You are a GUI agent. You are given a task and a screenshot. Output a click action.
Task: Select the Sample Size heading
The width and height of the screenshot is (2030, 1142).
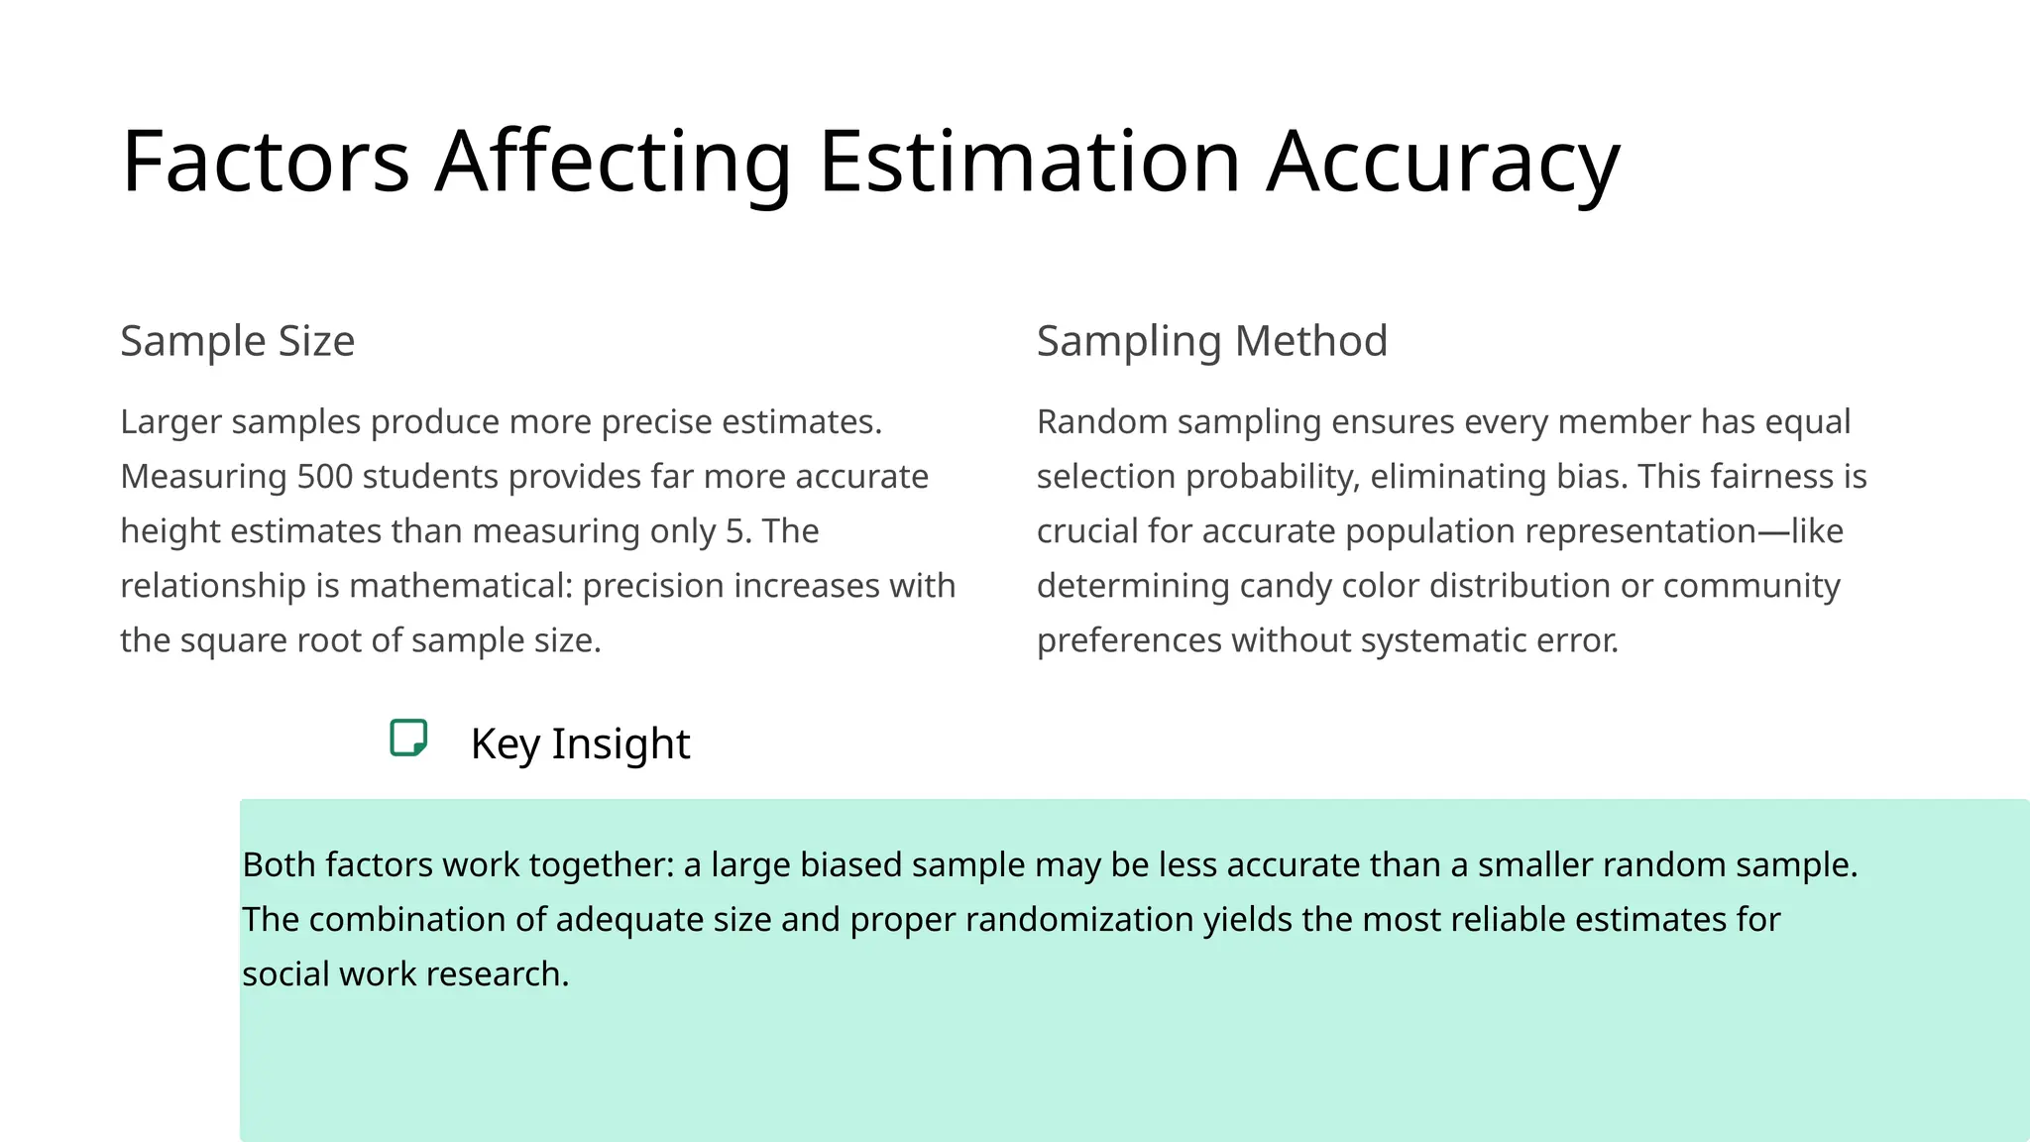pos(237,341)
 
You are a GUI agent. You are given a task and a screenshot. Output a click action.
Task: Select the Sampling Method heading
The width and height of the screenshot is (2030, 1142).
pos(1211,341)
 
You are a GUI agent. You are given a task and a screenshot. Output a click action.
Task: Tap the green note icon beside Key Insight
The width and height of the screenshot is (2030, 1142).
pos(408,739)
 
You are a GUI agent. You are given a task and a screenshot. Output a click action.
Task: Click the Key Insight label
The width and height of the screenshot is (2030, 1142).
pos(580,743)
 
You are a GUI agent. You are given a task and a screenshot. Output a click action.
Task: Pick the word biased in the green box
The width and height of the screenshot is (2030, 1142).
pos(850,865)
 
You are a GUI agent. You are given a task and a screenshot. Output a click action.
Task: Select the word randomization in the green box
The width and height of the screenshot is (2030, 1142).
pos(1078,920)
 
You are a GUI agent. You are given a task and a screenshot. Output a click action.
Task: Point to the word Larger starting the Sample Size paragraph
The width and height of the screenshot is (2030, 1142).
pos(170,422)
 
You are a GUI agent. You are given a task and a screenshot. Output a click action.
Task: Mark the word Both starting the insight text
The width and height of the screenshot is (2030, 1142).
pos(279,865)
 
